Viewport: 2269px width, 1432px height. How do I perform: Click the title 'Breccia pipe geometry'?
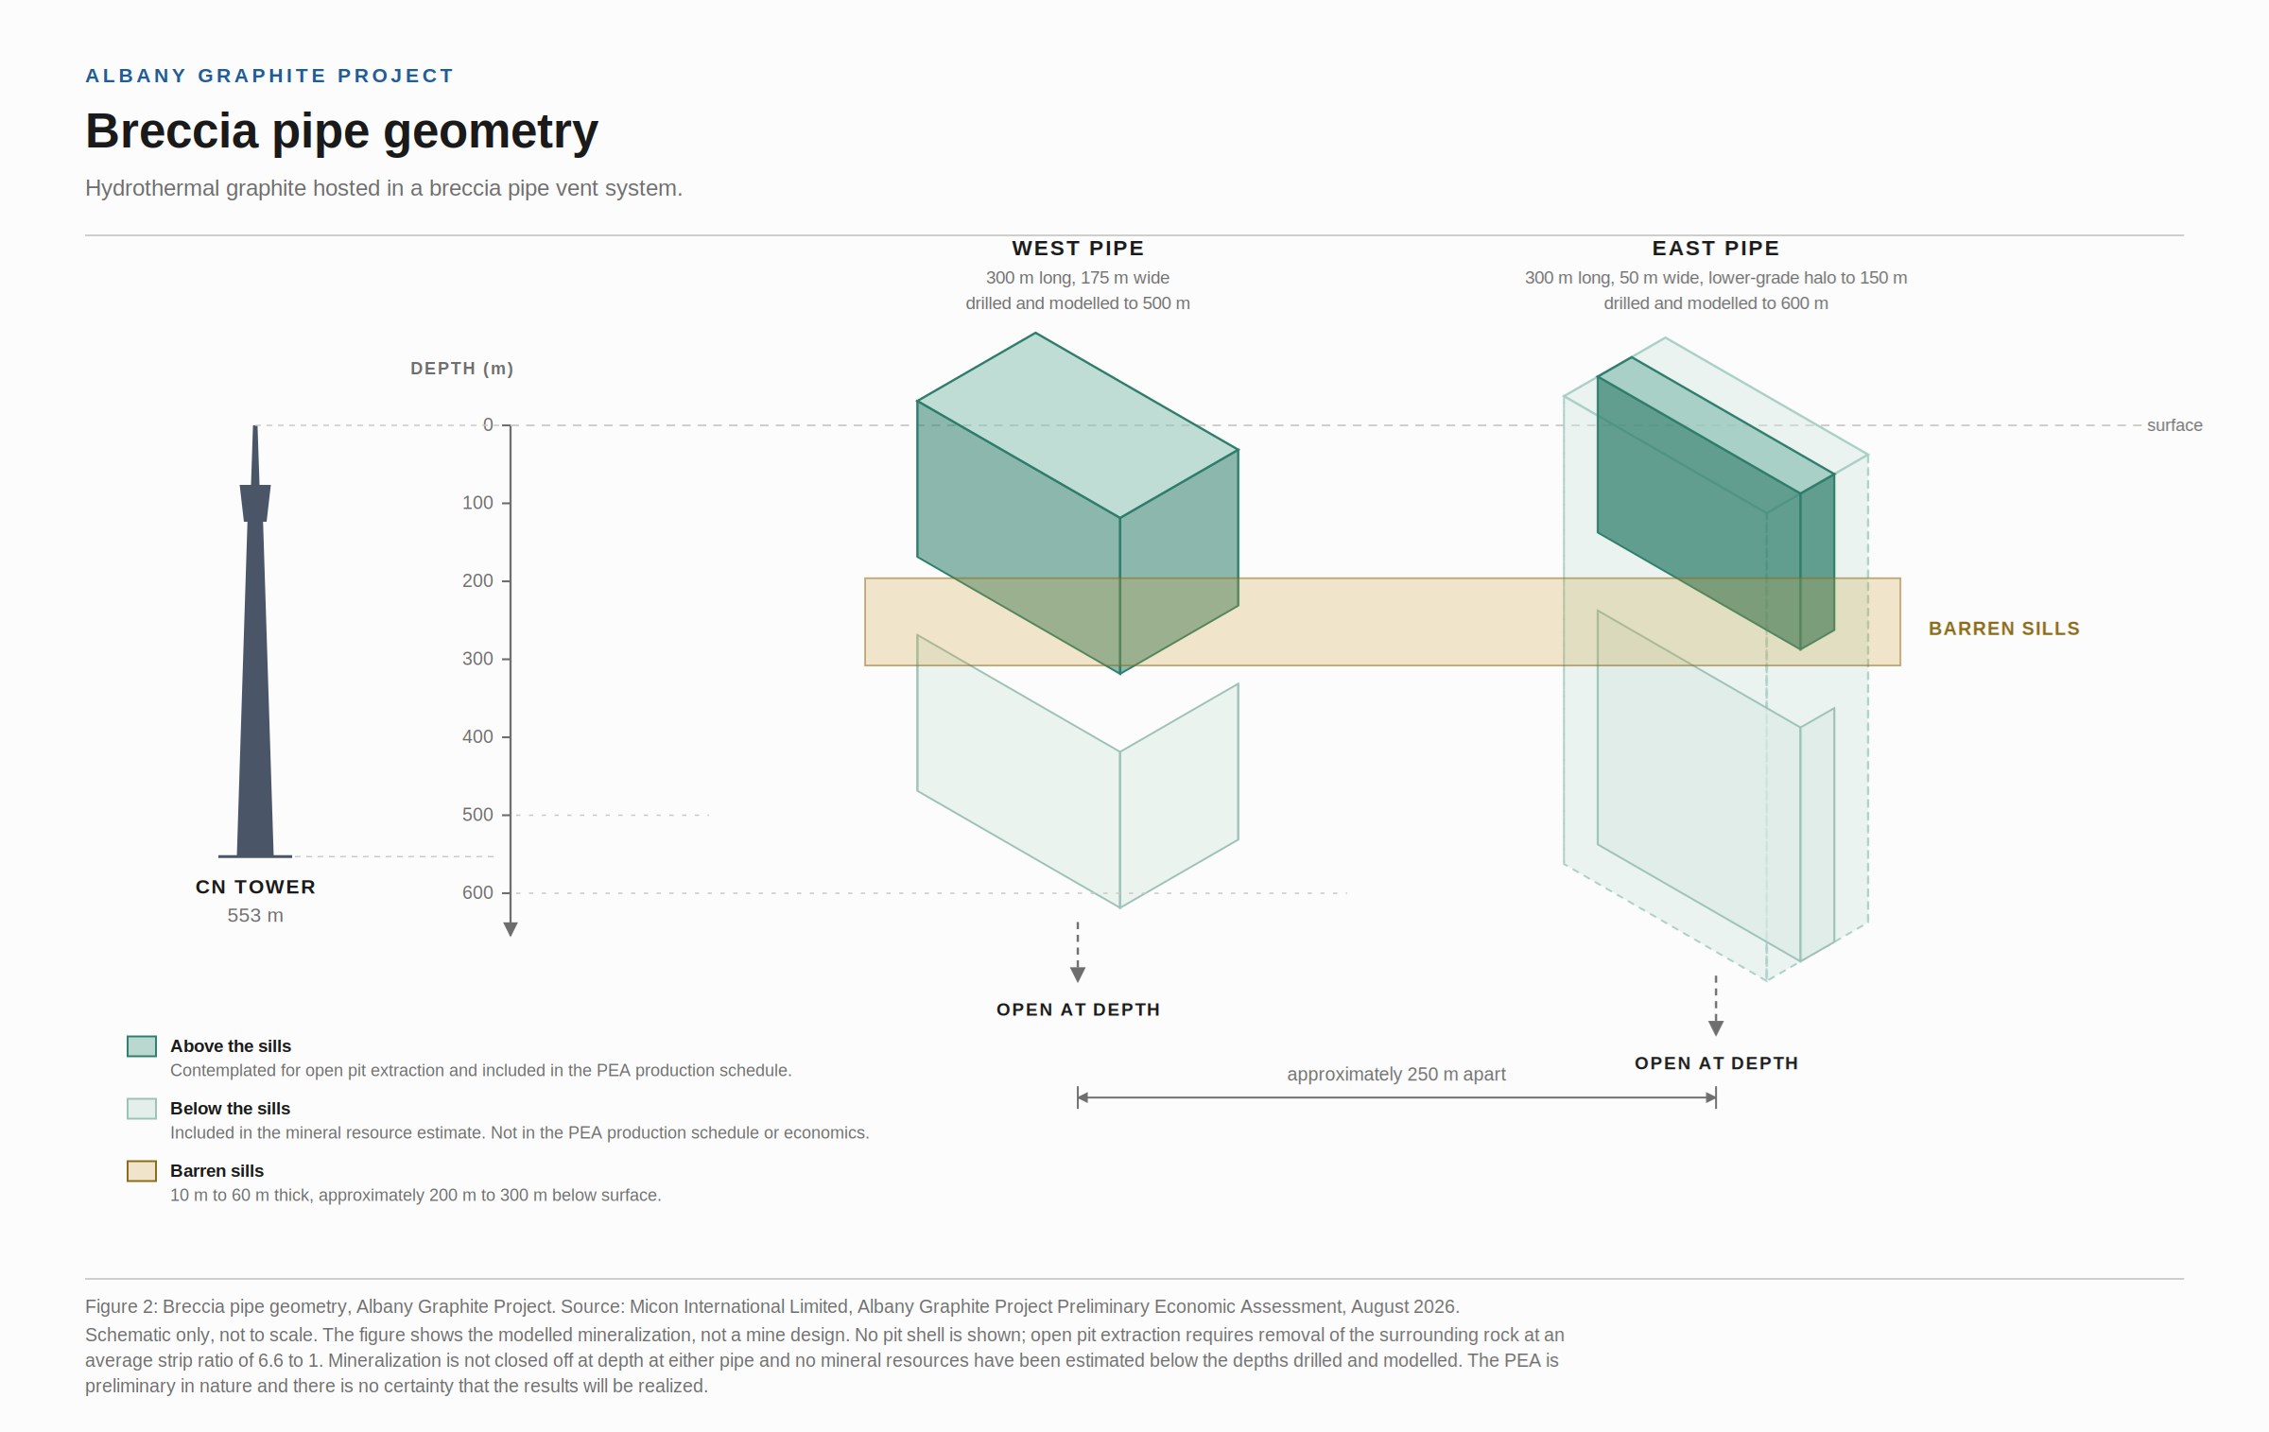click(x=341, y=131)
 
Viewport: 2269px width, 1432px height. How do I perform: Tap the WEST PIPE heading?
click(x=1078, y=249)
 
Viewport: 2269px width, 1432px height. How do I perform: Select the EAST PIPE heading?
click(x=1716, y=249)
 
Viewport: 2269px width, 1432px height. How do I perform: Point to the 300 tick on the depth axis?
click(x=506, y=659)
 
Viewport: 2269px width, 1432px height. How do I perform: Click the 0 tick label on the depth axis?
click(x=488, y=425)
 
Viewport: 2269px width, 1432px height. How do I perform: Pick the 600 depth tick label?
click(x=477, y=892)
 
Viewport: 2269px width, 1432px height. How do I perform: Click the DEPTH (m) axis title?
click(x=461, y=369)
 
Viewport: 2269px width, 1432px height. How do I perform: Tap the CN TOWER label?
click(x=255, y=888)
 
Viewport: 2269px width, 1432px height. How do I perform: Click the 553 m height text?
click(x=255, y=916)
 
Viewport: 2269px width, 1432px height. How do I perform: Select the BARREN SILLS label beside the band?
click(x=2004, y=629)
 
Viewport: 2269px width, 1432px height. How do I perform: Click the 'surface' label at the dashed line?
click(x=2174, y=425)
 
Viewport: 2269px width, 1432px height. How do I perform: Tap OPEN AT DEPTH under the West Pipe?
click(x=1078, y=1009)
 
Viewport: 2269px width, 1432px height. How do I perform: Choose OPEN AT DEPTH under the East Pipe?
click(x=1716, y=1063)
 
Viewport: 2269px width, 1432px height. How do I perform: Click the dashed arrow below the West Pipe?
click(x=1078, y=952)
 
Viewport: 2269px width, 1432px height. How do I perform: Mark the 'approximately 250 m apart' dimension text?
click(x=1396, y=1075)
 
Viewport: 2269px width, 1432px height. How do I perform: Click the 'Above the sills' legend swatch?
click(x=142, y=1046)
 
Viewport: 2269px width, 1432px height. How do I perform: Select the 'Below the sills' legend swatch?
click(x=142, y=1109)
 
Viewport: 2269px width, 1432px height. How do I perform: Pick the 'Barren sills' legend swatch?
click(x=142, y=1171)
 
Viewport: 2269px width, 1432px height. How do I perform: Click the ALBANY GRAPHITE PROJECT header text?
click(x=269, y=76)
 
